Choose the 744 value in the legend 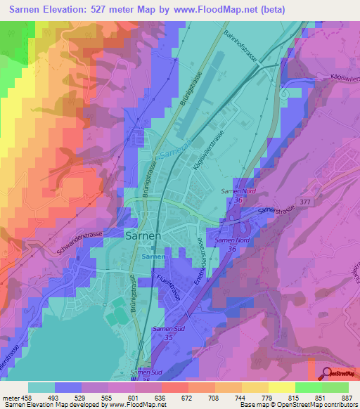click(x=245, y=397)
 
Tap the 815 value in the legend click(x=297, y=397)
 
